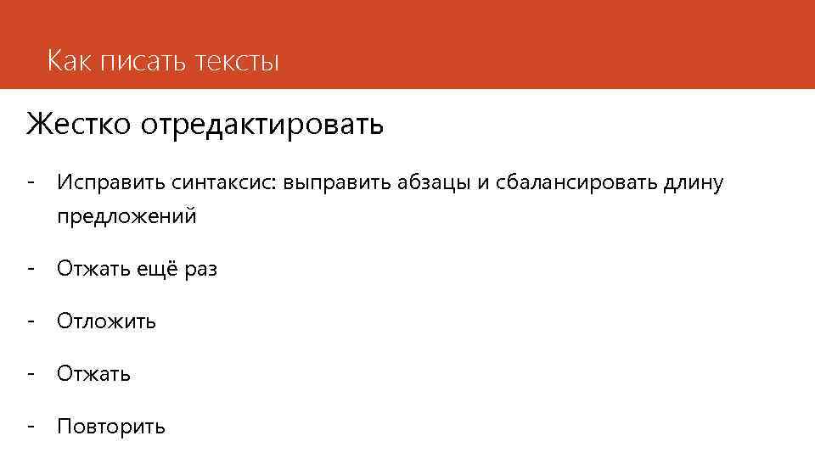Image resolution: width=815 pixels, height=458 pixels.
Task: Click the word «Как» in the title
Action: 69,61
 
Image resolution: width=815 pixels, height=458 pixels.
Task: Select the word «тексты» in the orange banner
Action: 237,62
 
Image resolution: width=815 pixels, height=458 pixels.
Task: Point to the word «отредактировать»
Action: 262,126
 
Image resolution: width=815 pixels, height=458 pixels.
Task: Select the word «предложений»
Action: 126,216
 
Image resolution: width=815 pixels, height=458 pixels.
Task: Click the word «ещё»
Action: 151,270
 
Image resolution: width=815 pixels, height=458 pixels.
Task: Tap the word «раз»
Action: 200,270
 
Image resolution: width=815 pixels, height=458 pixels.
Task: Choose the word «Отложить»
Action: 106,321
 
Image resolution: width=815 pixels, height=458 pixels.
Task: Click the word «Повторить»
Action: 111,426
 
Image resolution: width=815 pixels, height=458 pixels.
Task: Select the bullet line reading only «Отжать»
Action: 93,373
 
